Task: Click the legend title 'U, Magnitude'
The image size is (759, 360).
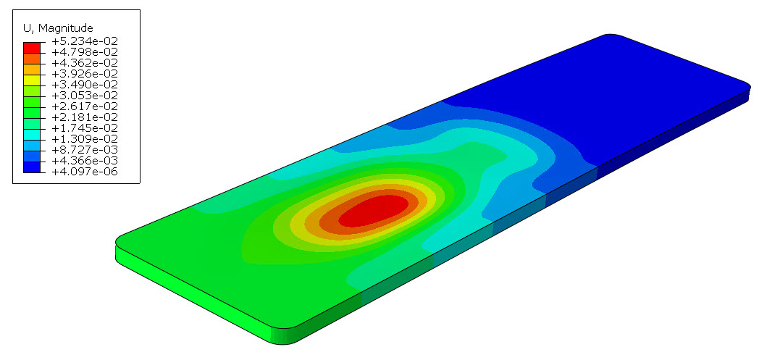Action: click(58, 28)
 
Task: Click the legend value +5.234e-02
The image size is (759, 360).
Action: click(85, 41)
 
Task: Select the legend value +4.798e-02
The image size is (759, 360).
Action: click(85, 52)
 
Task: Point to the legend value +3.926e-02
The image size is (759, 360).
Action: click(85, 74)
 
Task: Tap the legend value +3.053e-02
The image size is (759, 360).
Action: click(85, 96)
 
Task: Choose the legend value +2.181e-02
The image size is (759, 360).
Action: click(85, 117)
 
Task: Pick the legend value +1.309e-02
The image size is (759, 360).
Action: click(85, 139)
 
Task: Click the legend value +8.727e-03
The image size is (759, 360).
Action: click(85, 149)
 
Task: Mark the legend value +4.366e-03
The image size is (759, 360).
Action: click(85, 161)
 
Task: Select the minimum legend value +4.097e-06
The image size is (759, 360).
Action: click(85, 171)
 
